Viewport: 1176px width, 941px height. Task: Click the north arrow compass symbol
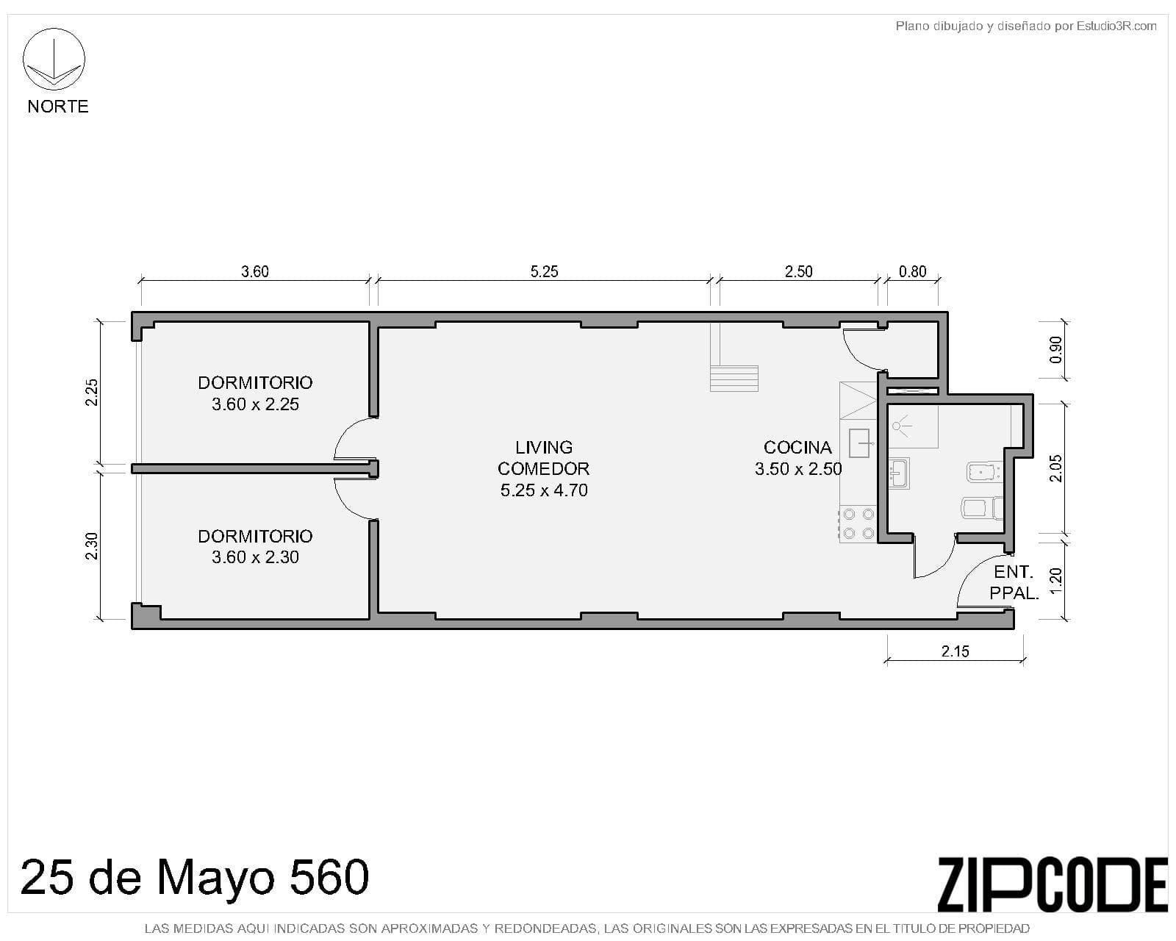(x=54, y=59)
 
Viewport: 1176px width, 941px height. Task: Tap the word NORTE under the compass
(x=58, y=106)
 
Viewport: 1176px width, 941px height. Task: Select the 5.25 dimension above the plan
(x=544, y=271)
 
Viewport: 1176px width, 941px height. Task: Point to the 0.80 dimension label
(x=912, y=271)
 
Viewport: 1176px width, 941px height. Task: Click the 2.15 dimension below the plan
(x=955, y=651)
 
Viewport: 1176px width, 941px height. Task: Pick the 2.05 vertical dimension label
(x=1055, y=468)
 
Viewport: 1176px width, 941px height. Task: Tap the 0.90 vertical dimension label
(x=1055, y=350)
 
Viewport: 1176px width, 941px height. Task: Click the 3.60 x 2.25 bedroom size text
(x=255, y=404)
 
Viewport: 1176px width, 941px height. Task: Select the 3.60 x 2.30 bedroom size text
(x=255, y=557)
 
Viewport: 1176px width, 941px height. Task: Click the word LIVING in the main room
(x=544, y=447)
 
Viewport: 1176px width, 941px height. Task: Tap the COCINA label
(x=797, y=447)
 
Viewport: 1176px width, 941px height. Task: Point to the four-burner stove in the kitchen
(x=858, y=523)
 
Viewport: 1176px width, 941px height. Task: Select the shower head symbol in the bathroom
(x=901, y=426)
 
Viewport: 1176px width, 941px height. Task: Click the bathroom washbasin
(x=898, y=473)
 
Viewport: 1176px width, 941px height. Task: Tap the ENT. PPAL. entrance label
(x=1014, y=582)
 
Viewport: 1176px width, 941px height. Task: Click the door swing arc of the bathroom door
(x=941, y=564)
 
